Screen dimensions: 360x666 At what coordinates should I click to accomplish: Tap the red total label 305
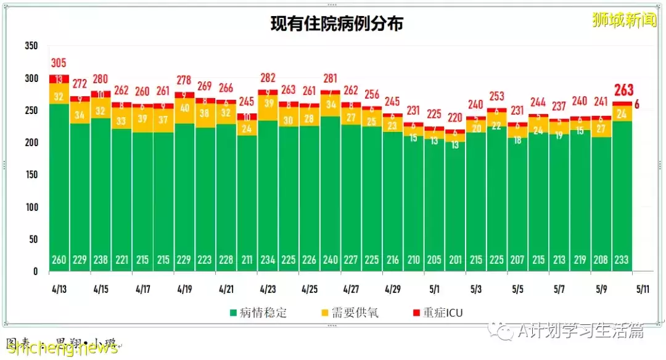59,63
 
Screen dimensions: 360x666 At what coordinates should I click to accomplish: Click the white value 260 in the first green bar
59,260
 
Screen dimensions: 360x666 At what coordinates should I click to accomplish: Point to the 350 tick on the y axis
31,46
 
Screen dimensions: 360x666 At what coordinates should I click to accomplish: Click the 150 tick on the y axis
31,175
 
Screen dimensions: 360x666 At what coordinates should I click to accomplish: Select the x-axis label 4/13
59,288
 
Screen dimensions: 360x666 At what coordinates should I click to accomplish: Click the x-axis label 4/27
351,288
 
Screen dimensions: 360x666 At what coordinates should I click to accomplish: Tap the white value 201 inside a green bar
454,260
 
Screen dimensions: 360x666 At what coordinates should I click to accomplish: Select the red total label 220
454,117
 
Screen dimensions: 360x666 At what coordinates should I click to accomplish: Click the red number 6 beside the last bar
636,105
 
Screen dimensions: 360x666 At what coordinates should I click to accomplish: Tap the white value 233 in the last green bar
622,260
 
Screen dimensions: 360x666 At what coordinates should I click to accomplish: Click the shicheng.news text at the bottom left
62,349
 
